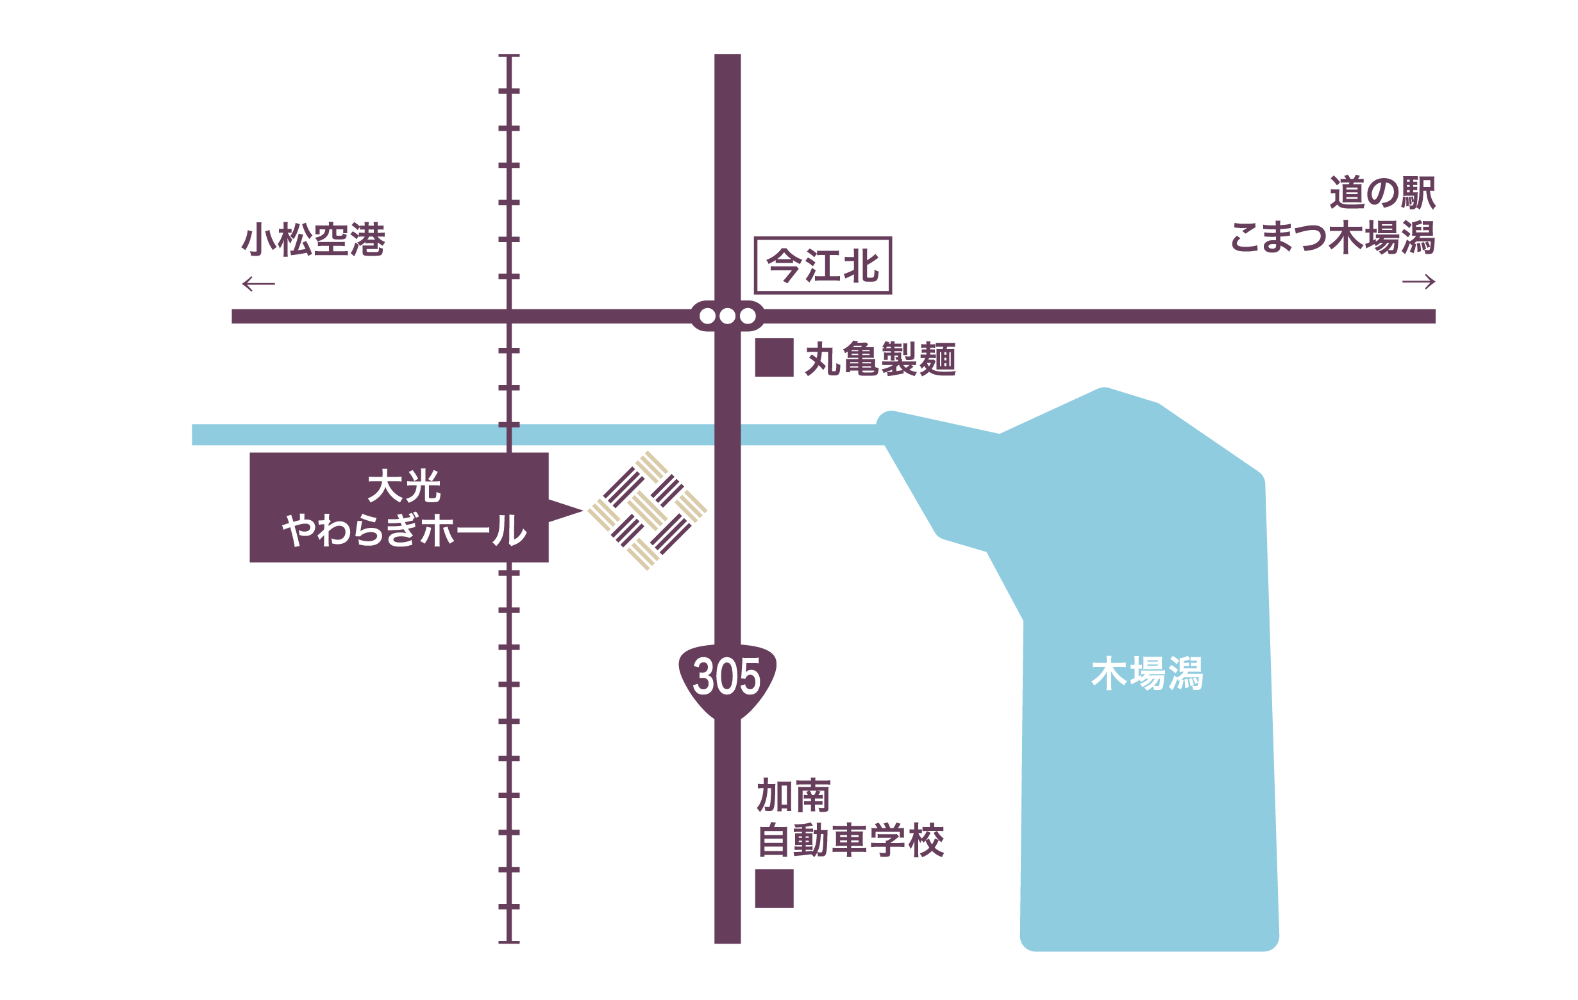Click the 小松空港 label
[314, 240]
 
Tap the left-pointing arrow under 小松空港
[258, 284]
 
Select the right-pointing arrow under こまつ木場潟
[1418, 283]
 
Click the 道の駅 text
[1382, 193]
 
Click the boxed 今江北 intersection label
[823, 266]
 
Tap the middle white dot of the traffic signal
[726, 316]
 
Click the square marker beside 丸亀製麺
[774, 357]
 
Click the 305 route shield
[726, 678]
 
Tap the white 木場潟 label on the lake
[1147, 674]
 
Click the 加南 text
[794, 796]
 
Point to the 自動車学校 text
[851, 841]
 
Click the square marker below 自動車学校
[774, 889]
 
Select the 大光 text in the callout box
[404, 488]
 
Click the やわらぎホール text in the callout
[404, 530]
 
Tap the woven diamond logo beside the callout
[647, 510]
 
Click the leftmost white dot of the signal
[707, 316]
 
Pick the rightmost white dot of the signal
[747, 316]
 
